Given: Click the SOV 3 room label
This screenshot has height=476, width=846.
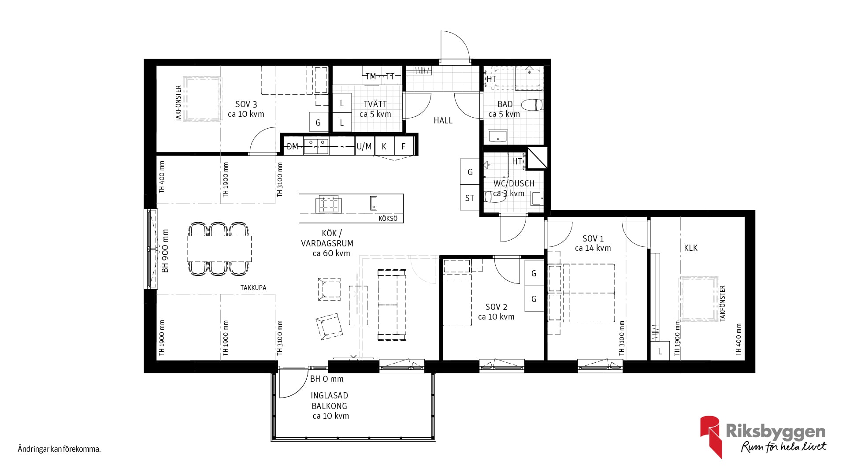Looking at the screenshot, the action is [246, 104].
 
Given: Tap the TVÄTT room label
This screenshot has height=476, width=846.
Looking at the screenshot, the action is [375, 104].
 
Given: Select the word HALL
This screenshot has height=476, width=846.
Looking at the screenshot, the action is [443, 121].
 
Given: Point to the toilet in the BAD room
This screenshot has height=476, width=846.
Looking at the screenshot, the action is [532, 105].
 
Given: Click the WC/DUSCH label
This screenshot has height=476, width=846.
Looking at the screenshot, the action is [514, 183].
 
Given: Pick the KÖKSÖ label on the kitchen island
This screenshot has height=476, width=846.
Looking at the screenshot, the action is [388, 219].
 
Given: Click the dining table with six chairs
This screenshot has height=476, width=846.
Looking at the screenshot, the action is [219, 249].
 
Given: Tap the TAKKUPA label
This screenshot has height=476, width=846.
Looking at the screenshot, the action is [253, 288].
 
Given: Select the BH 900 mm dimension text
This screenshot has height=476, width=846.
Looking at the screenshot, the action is [165, 250].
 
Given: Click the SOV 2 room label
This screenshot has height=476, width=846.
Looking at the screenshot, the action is [496, 307].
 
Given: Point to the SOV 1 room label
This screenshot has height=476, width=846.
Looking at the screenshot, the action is [593, 238].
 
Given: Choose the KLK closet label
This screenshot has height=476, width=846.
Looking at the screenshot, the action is [690, 248].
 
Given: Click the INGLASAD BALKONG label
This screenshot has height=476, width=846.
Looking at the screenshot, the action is [329, 401].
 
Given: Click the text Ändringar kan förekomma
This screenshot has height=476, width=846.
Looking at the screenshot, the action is [59, 450].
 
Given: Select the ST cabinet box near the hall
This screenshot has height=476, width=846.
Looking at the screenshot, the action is [470, 198].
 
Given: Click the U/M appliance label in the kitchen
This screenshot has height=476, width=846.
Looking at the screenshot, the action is [364, 146].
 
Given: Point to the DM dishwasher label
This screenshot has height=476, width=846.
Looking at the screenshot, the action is [293, 146].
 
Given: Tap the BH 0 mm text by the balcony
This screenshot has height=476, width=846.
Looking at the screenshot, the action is [327, 379].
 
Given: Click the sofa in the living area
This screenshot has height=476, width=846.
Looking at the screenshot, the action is [392, 305].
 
